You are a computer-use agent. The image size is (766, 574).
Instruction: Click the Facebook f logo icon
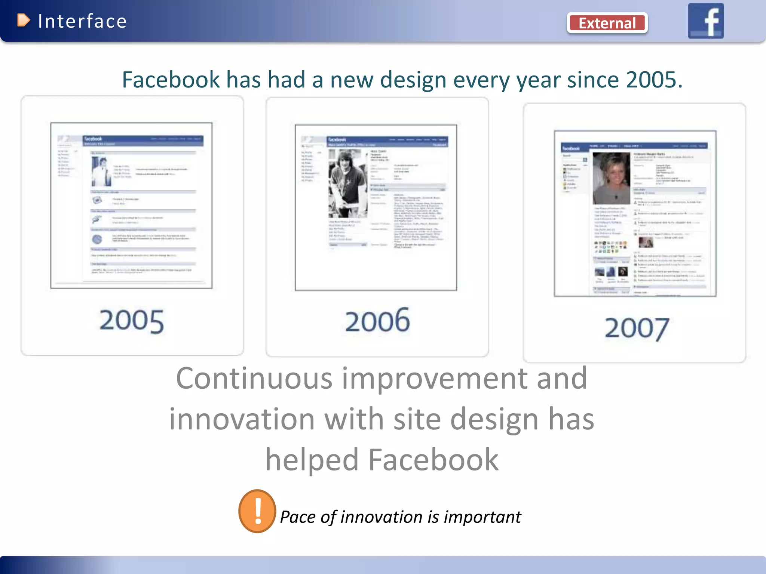click(x=706, y=21)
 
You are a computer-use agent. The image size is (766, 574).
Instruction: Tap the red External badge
click(x=607, y=23)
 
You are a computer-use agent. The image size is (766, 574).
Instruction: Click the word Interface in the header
click(x=82, y=21)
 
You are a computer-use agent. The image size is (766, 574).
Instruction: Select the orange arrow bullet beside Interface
click(x=24, y=20)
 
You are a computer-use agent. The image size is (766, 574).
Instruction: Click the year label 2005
click(x=132, y=321)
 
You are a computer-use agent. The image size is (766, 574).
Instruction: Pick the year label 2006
click(x=377, y=321)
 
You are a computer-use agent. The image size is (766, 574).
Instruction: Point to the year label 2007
click(x=637, y=328)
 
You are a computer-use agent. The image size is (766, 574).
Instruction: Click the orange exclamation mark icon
click(x=257, y=511)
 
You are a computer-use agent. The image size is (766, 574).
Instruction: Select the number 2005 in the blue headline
click(x=654, y=80)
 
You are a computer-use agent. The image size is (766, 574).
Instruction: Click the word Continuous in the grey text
click(x=254, y=378)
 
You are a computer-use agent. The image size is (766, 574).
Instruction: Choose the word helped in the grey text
click(x=312, y=460)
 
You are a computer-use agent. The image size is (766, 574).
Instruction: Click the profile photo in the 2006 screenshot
click(x=347, y=183)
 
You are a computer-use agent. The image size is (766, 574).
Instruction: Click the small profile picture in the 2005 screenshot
click(x=101, y=172)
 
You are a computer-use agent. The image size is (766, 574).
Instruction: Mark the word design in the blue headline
click(x=413, y=80)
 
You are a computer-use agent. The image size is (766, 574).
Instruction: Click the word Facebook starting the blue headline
click(x=171, y=80)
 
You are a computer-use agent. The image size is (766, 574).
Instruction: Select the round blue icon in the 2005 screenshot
click(x=97, y=239)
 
